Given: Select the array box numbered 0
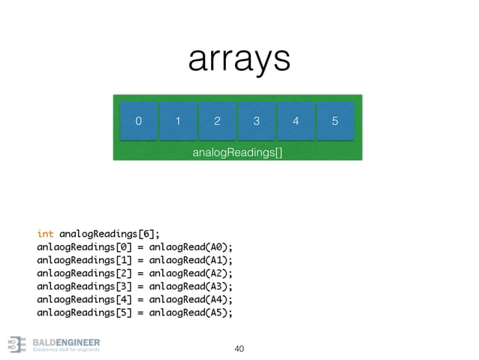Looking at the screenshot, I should point(138,121).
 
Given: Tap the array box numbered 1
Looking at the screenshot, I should point(177,121).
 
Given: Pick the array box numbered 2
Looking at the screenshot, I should point(216,121).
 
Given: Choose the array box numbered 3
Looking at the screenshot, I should point(256,121).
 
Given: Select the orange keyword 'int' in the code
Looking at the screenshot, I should point(45,233).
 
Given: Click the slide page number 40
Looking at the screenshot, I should point(239,349).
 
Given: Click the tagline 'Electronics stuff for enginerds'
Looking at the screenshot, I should point(67,350).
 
